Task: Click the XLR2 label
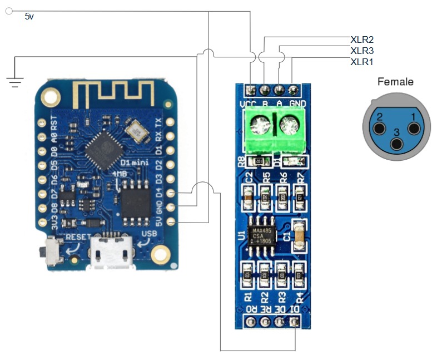[x=361, y=40]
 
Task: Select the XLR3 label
[x=361, y=51]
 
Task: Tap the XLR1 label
[x=361, y=62]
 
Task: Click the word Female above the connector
[x=395, y=82]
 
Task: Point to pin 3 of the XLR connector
[x=396, y=143]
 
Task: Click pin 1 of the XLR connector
[x=414, y=129]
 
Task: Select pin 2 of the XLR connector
[x=379, y=129]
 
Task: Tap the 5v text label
[x=29, y=17]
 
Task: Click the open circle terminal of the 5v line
[x=8, y=11]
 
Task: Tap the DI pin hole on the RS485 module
[x=294, y=322]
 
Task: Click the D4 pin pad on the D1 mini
[x=170, y=193]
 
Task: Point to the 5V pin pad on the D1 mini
[x=170, y=222]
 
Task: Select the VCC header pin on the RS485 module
[x=250, y=90]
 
